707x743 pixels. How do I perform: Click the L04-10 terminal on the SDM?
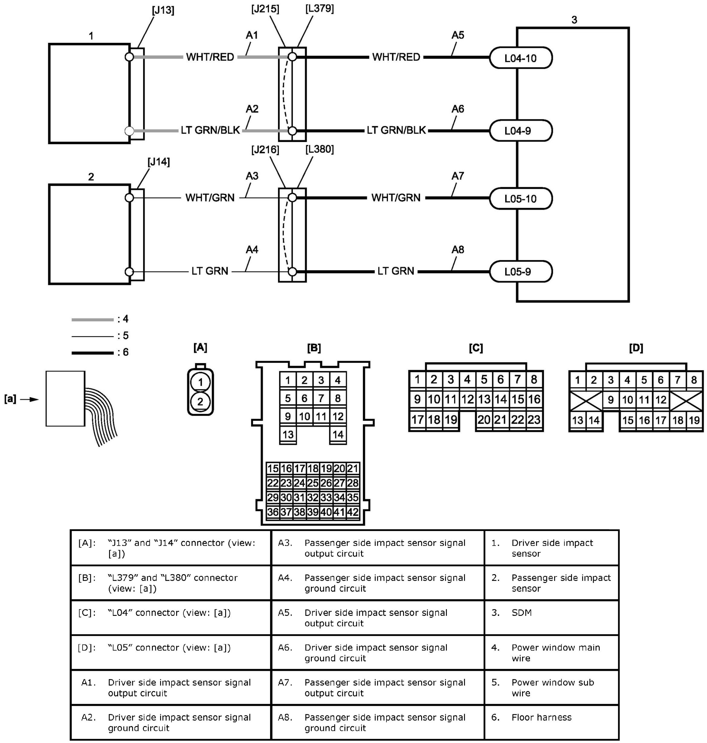[521, 58]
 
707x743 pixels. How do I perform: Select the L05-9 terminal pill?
[521, 271]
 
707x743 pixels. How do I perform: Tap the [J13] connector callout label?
[163, 11]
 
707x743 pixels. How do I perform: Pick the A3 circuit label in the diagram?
[252, 176]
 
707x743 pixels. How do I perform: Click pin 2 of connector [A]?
[200, 402]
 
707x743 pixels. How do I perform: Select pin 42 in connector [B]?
[353, 512]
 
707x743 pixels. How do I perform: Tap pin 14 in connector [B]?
[338, 434]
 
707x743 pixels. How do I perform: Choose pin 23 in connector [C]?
[534, 420]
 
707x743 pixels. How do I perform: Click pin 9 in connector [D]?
[611, 400]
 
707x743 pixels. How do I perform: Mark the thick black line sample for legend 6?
[92, 353]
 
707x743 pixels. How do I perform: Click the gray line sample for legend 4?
[92, 320]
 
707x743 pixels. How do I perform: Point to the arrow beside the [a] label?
[29, 399]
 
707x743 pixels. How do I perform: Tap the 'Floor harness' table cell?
[541, 717]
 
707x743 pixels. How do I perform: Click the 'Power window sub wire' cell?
[553, 688]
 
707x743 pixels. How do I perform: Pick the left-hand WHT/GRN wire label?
[210, 198]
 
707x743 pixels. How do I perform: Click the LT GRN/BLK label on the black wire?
[396, 130]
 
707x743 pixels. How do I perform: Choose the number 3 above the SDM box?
[574, 20]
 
